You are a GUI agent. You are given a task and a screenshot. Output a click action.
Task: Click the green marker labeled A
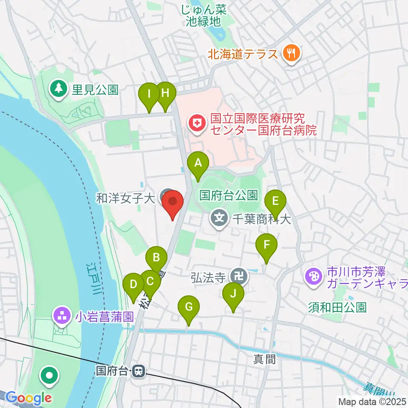tap(198, 163)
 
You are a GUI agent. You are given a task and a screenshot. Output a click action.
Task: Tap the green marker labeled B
tap(156, 258)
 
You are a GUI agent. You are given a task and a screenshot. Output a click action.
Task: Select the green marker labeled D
tap(133, 284)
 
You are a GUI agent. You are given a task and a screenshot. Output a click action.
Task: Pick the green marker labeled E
tap(275, 201)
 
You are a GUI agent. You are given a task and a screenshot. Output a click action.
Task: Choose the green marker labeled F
tap(266, 245)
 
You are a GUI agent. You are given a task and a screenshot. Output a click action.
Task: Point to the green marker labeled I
tap(149, 93)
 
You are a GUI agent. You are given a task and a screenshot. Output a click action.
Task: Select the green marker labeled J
tap(233, 294)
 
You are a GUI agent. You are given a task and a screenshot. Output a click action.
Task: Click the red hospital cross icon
tap(197, 123)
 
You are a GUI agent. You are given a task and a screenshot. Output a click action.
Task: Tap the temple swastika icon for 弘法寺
tap(240, 277)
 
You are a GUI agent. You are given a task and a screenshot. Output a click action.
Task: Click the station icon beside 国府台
tap(138, 371)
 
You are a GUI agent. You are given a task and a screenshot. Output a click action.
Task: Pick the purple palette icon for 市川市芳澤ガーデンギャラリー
tap(314, 276)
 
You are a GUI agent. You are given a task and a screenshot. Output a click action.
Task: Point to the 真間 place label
tap(265, 360)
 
